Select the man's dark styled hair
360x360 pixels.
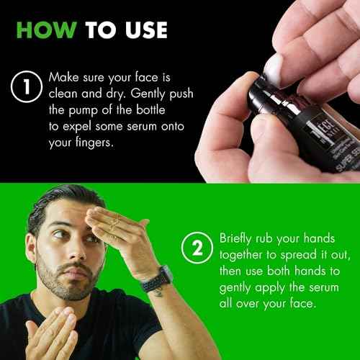tap(58, 205)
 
